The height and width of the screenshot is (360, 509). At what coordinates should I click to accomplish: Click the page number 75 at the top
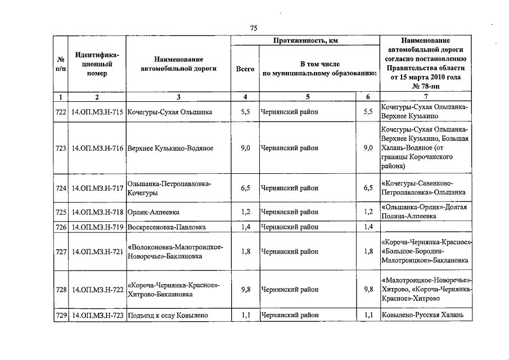254,29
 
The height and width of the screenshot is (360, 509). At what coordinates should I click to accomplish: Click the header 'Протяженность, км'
305,41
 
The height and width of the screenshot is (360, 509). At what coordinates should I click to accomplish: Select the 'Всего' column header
245,69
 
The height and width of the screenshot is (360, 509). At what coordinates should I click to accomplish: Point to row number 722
61,112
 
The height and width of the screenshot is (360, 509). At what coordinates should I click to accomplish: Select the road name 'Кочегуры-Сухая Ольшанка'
170,112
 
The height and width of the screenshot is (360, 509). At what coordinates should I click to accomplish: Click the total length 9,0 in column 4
245,148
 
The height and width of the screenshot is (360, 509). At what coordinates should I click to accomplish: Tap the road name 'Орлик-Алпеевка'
154,212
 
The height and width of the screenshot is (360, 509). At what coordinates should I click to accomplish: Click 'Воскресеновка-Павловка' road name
166,227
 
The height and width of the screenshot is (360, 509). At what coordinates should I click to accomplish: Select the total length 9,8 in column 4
245,290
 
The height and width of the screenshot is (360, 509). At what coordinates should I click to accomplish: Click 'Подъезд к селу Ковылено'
168,316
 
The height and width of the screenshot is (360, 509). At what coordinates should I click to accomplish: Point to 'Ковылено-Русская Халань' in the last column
422,316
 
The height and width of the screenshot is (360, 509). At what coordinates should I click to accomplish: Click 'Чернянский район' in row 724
289,188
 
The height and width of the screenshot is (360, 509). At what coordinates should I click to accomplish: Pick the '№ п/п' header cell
61,64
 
